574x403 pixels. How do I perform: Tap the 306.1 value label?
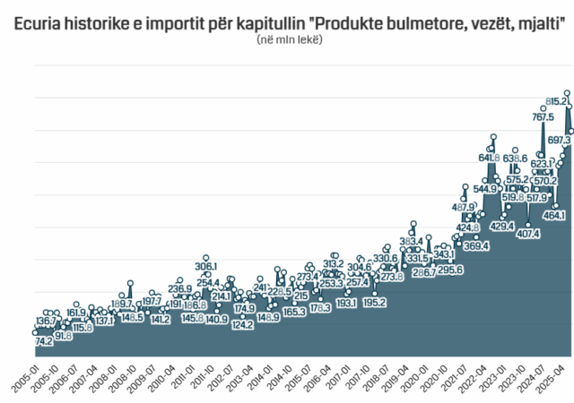coord(206,267)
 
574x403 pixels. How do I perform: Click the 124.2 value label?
coord(242,325)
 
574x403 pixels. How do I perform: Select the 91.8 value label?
coord(63,336)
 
